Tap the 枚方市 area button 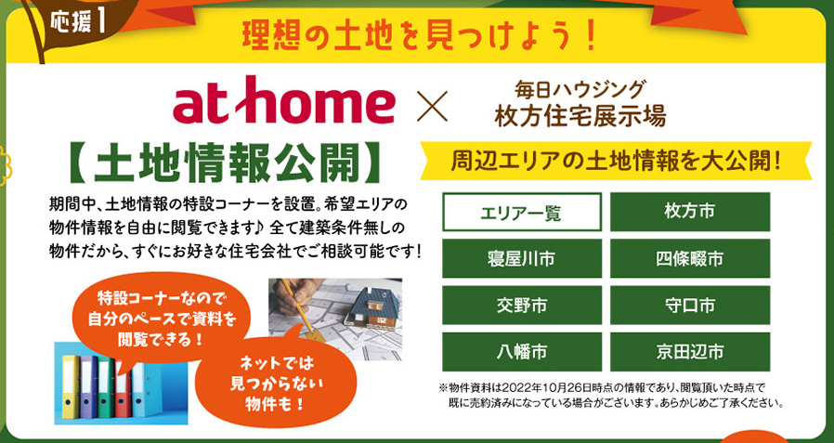689,212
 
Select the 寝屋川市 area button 522,258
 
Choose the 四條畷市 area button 689,258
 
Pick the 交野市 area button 522,306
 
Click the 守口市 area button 689,306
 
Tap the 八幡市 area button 522,352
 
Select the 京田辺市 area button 689,352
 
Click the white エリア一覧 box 522,212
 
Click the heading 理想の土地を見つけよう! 419,36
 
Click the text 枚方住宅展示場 580,117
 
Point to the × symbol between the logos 432,106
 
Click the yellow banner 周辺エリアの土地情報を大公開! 616,160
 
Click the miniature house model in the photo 371,308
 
